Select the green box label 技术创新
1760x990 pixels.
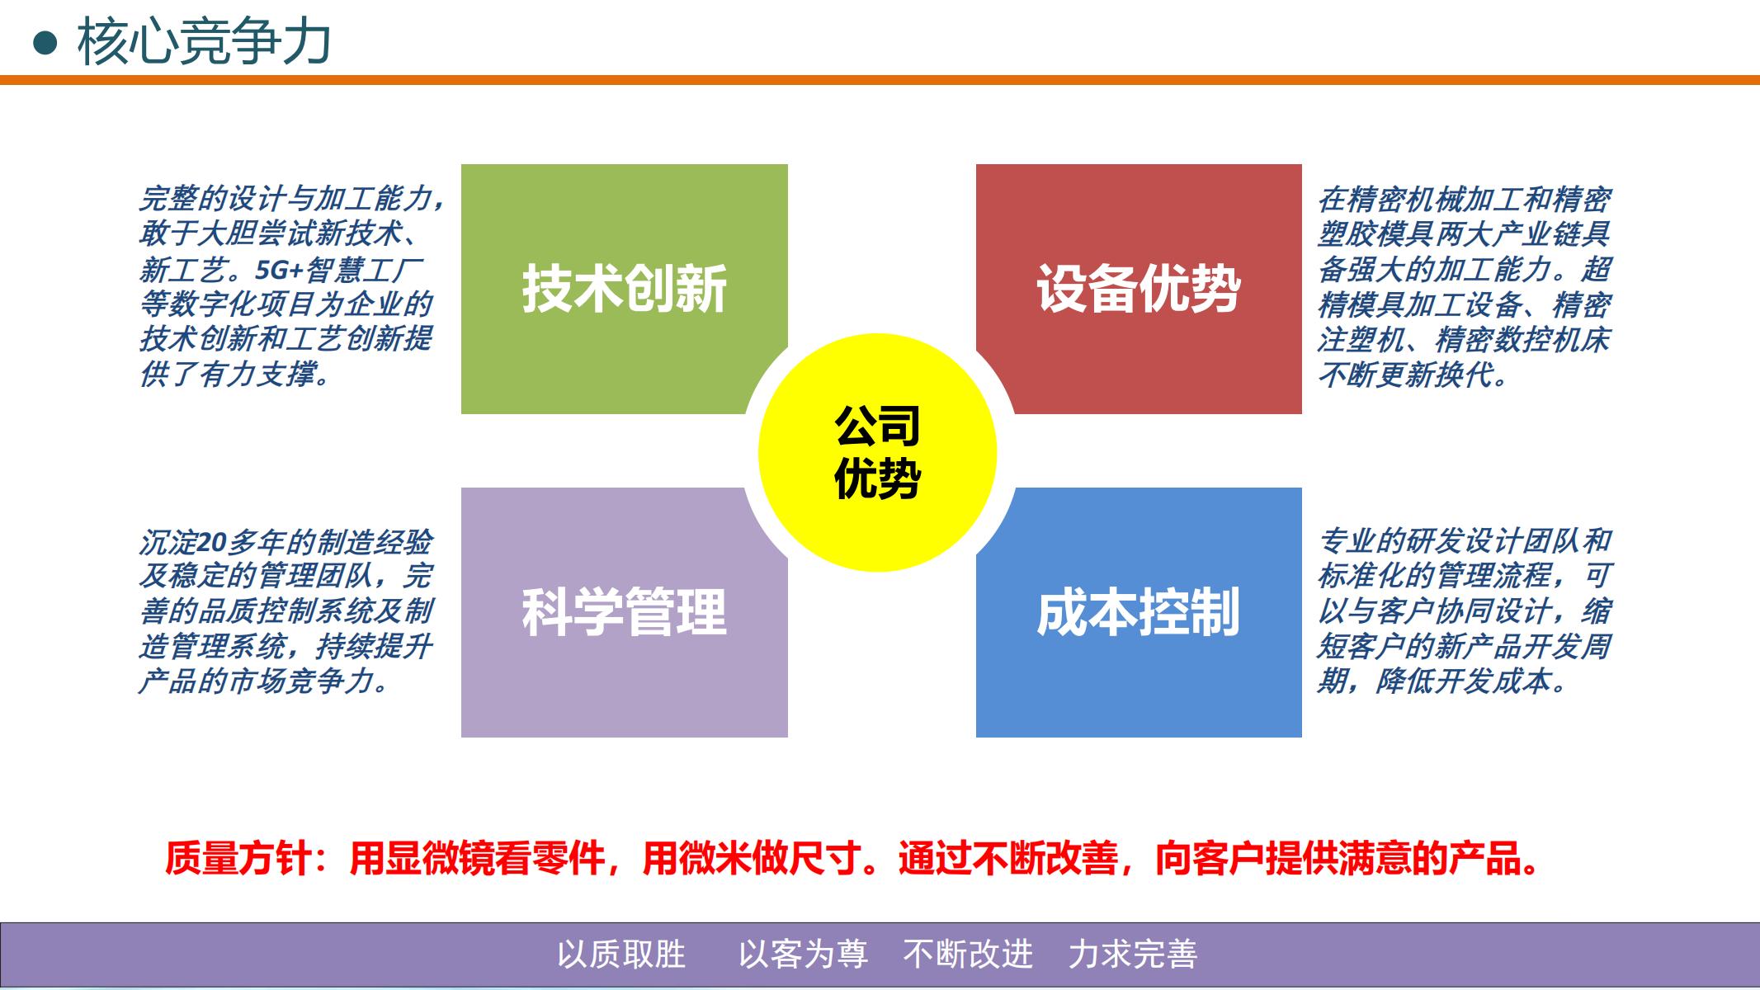tap(624, 289)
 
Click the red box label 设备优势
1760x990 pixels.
tap(1139, 289)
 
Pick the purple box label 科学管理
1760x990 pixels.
tap(624, 612)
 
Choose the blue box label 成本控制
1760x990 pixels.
tap(1139, 612)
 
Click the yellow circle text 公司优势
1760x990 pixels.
tap(877, 452)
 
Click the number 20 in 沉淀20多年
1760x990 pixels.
tap(212, 542)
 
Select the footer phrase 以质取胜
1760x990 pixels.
tap(621, 955)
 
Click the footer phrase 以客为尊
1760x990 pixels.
tap(803, 955)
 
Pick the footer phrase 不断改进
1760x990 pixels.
tap(968, 955)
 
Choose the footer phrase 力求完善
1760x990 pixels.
tap(1133, 955)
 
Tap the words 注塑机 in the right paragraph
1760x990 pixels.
tap(1361, 340)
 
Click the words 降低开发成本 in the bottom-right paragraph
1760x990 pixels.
tap(1464, 681)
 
